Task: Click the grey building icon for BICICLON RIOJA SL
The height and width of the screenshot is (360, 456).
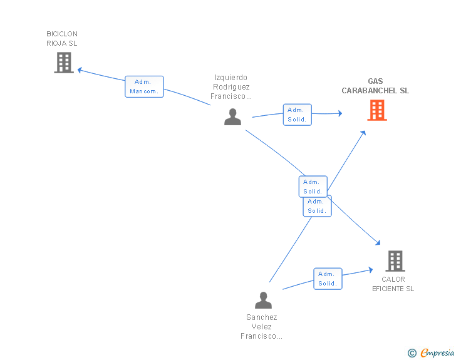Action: click(x=64, y=63)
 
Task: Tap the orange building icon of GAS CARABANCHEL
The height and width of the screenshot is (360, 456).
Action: click(x=377, y=110)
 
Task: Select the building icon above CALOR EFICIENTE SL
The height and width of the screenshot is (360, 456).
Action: click(x=395, y=261)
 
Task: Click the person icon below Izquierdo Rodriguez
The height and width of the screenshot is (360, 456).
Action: click(x=232, y=117)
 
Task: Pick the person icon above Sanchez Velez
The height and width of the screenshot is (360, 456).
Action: click(x=263, y=300)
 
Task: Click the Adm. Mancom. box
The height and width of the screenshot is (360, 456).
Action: click(x=144, y=86)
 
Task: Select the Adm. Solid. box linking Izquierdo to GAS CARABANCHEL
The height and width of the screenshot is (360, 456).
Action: click(x=297, y=115)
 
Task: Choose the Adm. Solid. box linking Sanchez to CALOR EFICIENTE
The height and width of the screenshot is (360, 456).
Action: click(x=328, y=279)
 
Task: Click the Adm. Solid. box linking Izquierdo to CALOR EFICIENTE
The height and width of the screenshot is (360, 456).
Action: click(x=313, y=187)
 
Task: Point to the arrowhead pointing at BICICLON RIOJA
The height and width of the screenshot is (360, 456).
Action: click(x=80, y=70)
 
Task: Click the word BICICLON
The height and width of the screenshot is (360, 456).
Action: click(x=62, y=34)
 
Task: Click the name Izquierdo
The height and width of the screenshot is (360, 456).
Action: click(x=231, y=78)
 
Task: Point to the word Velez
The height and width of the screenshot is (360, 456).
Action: click(x=261, y=327)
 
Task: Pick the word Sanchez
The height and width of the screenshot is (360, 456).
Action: click(x=262, y=317)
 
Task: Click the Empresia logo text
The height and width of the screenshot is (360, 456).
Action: click(x=437, y=353)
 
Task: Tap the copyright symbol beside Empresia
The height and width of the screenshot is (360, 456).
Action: click(x=412, y=353)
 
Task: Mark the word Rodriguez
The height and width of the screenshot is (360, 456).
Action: click(x=231, y=87)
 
